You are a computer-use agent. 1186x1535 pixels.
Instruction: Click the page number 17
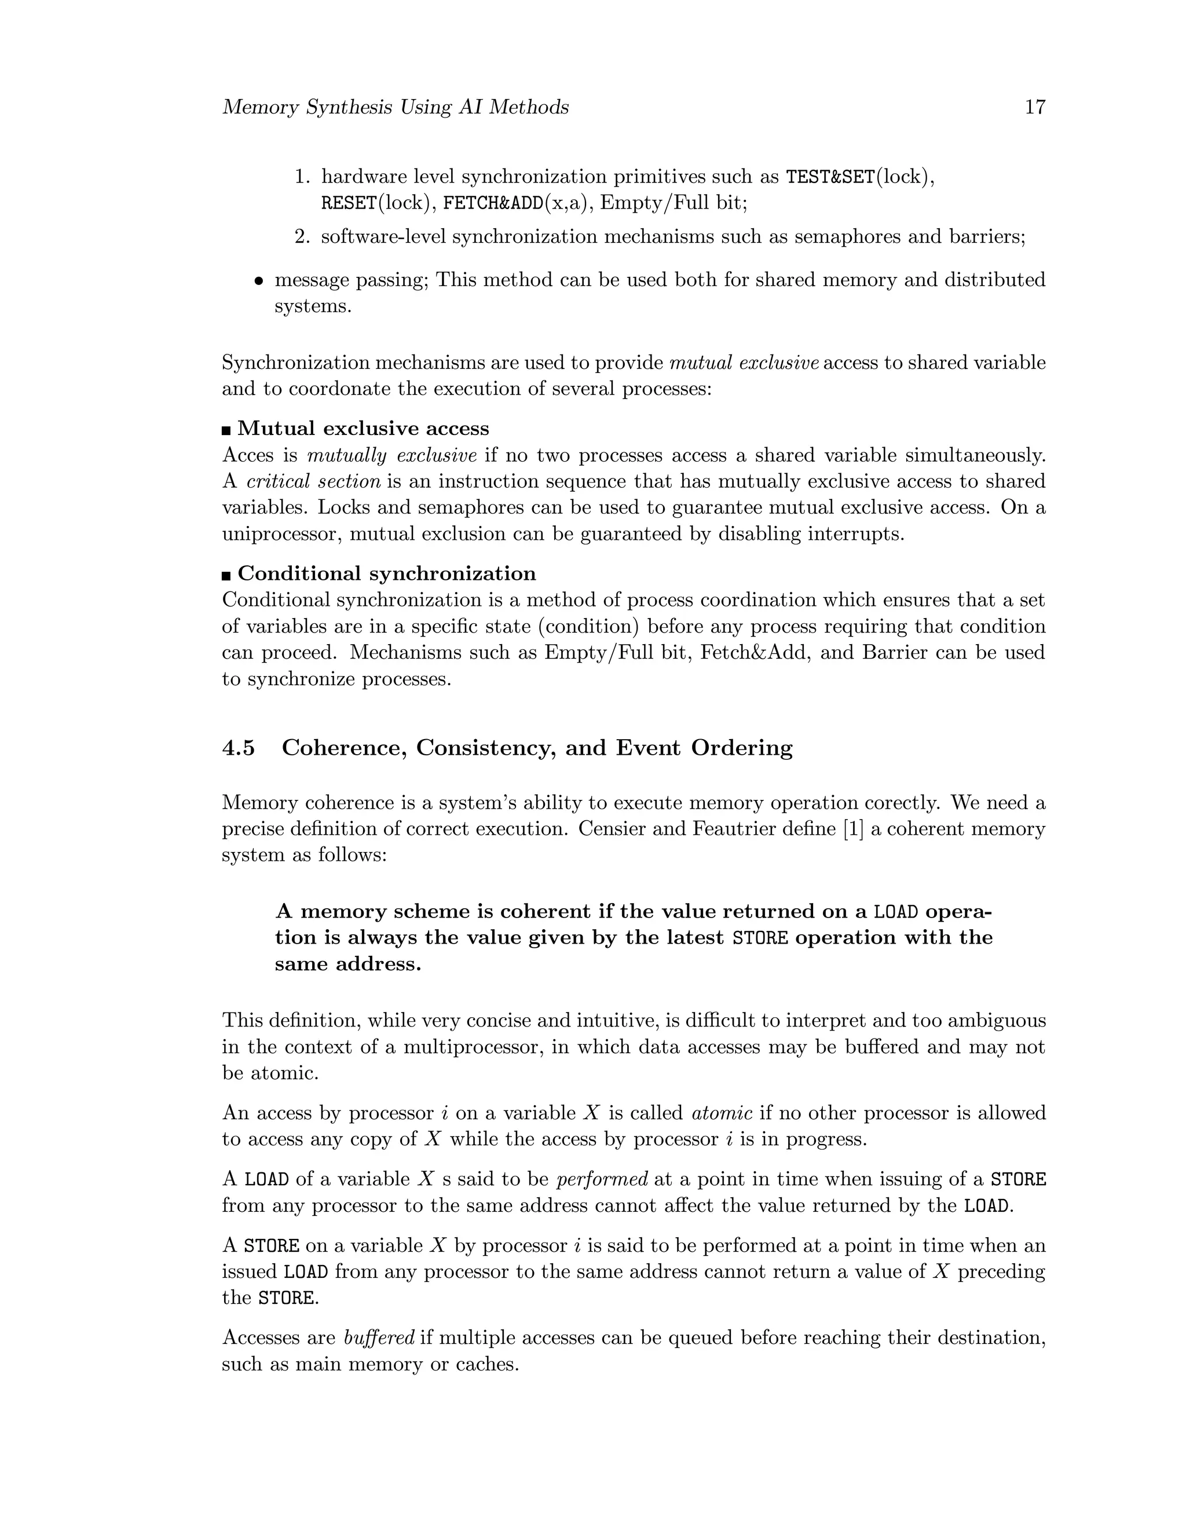pos(1035,108)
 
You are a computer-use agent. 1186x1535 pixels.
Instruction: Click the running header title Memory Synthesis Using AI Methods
pos(395,108)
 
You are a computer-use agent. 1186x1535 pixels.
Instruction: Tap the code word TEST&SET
pos(830,177)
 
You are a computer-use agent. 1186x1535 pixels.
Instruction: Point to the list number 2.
pos(302,237)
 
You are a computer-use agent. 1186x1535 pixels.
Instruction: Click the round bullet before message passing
pos(258,281)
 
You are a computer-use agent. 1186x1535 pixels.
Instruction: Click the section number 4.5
pos(238,748)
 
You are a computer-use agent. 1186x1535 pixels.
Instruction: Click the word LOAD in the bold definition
pos(895,912)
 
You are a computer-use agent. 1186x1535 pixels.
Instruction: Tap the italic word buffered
pos(379,1337)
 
